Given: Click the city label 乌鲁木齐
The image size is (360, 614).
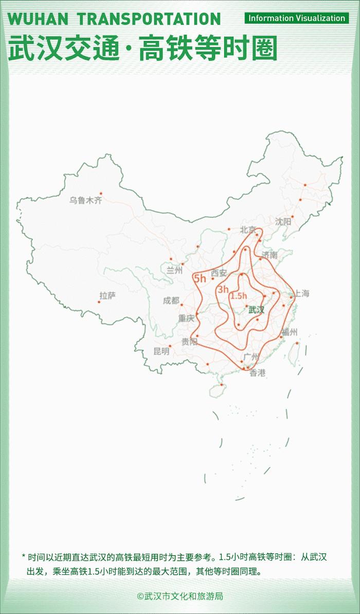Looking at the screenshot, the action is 86,200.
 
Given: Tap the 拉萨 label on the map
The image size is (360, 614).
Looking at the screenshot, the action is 107,295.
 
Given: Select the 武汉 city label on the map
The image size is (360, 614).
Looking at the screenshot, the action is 256,310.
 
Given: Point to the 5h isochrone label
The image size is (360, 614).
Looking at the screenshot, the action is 200,279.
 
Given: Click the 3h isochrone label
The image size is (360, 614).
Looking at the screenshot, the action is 223,290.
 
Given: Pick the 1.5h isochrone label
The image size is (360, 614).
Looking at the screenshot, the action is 239,296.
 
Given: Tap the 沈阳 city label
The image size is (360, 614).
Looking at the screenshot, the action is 283,222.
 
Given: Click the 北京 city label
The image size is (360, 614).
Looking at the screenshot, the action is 248,230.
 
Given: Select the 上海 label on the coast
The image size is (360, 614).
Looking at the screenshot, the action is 301,294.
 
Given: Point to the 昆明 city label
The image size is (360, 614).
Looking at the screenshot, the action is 161,351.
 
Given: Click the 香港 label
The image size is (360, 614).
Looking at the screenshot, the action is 257,373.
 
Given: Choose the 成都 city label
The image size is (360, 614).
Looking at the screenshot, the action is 171,301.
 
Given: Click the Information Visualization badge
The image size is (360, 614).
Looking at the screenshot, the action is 297,18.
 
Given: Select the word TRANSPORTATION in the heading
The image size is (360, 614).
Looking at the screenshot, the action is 149,19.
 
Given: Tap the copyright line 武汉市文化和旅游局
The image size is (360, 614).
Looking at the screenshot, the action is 180,597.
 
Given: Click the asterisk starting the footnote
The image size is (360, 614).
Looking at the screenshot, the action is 23,556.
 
